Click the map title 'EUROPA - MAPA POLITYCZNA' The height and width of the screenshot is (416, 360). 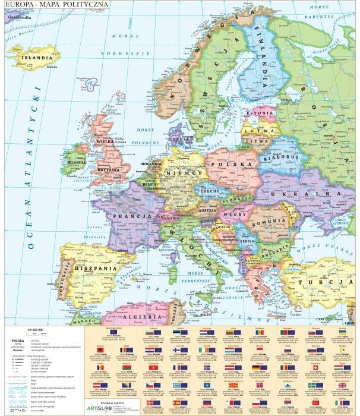pos(56,5)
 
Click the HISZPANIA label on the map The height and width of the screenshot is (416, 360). pos(95,268)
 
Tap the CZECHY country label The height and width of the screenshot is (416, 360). pos(211,191)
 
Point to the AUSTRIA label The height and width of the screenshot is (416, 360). pos(206,210)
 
